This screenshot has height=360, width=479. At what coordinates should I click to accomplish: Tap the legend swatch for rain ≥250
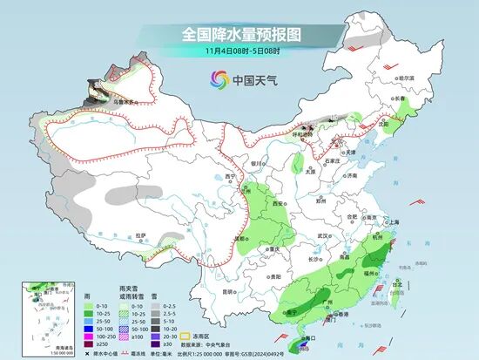90,344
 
